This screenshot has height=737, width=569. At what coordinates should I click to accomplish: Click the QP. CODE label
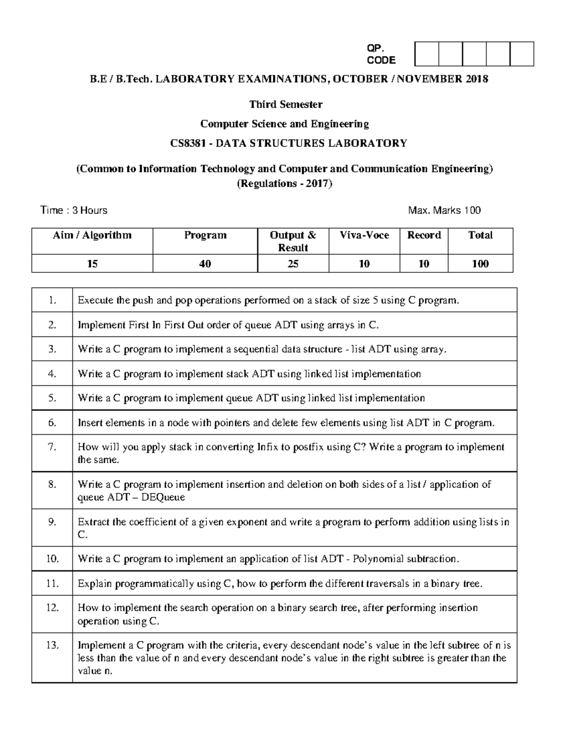coord(381,54)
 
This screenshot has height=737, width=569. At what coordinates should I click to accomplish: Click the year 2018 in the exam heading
coord(477,79)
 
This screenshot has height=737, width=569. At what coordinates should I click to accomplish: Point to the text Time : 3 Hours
coord(74,210)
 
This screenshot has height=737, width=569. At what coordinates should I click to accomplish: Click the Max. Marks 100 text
coord(444,210)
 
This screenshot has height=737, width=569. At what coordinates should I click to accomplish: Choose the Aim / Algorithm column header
coord(92,235)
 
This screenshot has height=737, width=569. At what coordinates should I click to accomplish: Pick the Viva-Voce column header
coord(364,235)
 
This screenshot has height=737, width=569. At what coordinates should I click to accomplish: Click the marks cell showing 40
coord(205,264)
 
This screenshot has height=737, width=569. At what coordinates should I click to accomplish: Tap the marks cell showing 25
coord(293,264)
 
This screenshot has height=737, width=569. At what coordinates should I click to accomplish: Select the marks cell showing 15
coord(92,264)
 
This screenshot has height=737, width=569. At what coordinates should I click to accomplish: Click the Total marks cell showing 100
coord(480,264)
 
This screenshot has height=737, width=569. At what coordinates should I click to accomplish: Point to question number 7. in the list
coord(52,447)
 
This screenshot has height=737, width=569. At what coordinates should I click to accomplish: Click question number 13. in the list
coord(52,645)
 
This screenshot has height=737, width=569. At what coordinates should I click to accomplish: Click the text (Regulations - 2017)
coord(284,184)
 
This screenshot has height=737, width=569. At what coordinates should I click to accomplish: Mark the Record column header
coord(424,235)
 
